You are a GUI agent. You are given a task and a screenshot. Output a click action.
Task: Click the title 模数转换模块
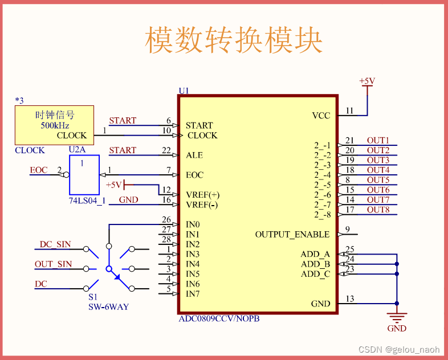click(234, 40)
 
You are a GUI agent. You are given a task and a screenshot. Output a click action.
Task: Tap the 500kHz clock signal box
click(54, 125)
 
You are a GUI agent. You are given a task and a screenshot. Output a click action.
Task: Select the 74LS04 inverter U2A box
click(84, 174)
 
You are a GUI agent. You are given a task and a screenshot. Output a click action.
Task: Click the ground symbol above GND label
click(397, 317)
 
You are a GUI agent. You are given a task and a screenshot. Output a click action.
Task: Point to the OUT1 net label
click(378, 140)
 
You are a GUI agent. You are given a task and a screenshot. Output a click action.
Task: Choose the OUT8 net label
click(378, 210)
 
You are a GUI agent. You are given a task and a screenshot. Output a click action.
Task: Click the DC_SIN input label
click(55, 244)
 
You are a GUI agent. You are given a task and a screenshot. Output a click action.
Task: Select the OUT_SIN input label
click(54, 264)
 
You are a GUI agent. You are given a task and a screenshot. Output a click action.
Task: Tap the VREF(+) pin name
click(202, 195)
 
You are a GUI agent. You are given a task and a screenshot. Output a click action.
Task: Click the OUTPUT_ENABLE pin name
click(292, 234)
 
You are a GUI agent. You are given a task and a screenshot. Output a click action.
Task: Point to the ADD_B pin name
click(315, 264)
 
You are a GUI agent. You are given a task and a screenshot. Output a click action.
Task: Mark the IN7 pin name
click(193, 294)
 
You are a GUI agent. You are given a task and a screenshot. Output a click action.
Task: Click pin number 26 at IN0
click(166, 220)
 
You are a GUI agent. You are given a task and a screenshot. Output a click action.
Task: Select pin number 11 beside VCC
click(349, 111)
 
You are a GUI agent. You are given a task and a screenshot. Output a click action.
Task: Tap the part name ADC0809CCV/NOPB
click(219, 318)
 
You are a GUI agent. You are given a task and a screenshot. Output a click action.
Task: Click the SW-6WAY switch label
click(108, 307)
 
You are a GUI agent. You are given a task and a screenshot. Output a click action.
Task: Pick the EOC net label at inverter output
click(39, 170)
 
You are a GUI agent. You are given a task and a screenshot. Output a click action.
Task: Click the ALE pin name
click(194, 155)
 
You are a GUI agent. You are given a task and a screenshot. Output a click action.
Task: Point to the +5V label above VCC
click(366, 81)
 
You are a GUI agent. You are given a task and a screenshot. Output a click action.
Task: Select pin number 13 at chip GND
click(349, 299)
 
